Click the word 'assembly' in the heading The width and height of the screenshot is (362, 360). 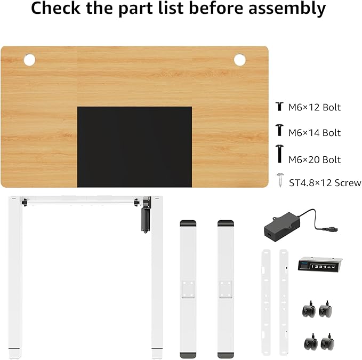point(287,8)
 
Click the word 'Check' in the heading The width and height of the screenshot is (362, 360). point(55,7)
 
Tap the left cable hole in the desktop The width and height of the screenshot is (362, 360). point(29,60)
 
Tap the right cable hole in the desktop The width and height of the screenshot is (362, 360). point(239,60)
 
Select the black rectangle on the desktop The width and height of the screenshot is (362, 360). point(134,147)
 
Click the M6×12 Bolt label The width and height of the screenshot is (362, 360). point(315,107)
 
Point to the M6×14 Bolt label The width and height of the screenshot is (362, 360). point(315,133)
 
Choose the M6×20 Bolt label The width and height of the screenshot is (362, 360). point(315,160)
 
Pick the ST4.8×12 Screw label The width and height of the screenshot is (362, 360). point(325,183)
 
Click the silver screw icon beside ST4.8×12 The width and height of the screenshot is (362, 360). point(280,180)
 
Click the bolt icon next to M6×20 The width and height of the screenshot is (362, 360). point(279,154)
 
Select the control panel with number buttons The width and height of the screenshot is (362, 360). point(320,263)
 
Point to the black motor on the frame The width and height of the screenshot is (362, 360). point(146,220)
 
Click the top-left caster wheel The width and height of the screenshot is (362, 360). point(309,309)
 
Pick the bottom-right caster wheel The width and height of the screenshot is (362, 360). point(327,342)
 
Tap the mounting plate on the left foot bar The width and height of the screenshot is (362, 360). point(188,289)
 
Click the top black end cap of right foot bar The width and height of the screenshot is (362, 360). point(226,223)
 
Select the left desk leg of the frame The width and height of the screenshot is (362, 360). point(15,277)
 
